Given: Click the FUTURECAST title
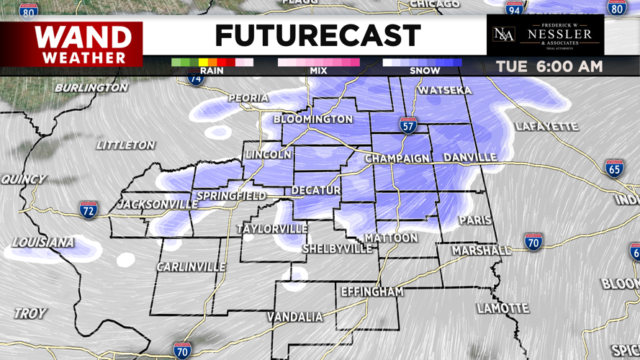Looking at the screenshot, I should click(x=317, y=35).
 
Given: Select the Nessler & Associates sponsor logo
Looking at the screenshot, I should click(x=545, y=35).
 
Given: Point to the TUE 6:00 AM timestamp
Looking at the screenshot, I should click(x=549, y=67).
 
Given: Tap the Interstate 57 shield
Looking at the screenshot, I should click(x=408, y=125).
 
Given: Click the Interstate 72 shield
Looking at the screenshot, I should click(x=88, y=210).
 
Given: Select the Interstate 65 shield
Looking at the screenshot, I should click(x=614, y=168).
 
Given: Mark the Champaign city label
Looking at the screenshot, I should click(x=397, y=158).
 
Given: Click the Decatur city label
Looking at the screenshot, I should click(x=316, y=191).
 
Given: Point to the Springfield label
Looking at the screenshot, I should click(x=230, y=196).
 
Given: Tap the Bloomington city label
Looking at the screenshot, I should click(x=313, y=119).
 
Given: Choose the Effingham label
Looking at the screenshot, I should click(x=371, y=292).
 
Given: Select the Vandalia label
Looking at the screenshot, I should click(x=294, y=318).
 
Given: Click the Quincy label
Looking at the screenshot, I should click(x=23, y=179).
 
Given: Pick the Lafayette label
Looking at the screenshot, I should click(x=546, y=127).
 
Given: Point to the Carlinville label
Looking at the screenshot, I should click(x=191, y=267).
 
